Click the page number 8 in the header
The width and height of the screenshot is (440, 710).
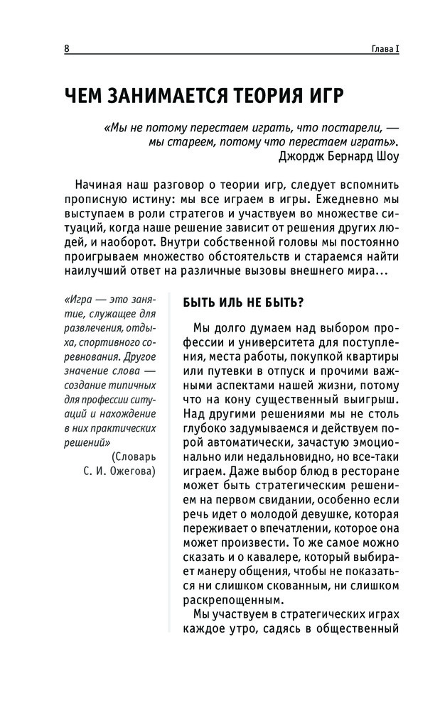(x=66, y=49)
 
